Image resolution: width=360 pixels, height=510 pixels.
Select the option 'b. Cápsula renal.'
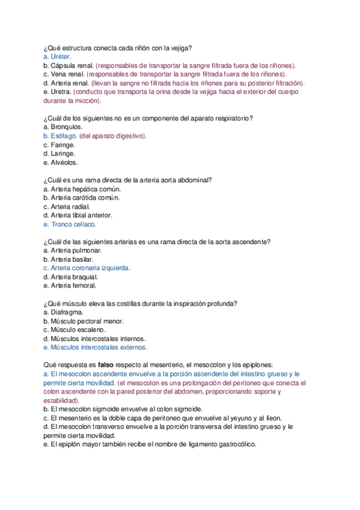(68, 66)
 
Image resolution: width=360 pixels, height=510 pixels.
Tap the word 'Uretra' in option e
(61, 92)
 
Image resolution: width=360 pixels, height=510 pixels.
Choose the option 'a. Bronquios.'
(63, 127)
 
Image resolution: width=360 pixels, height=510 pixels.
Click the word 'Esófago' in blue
(64, 136)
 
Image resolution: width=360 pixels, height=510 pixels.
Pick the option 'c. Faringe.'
(59, 145)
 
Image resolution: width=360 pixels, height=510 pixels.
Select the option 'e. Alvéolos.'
(61, 162)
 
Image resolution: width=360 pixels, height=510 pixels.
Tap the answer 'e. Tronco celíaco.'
(70, 224)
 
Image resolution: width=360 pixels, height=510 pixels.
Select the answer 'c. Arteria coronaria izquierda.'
(87, 268)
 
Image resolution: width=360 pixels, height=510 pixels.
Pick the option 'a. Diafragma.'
(63, 312)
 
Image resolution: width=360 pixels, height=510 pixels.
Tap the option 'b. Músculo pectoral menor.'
(83, 321)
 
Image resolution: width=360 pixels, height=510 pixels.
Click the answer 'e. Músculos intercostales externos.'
(95, 347)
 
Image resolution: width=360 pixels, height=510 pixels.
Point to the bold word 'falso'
(106, 365)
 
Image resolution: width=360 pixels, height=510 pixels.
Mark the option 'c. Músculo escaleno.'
(74, 330)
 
